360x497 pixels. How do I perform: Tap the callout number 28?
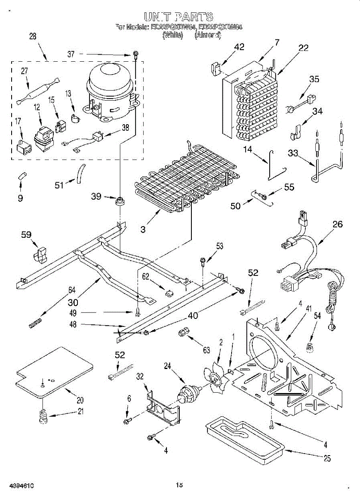coord(33,36)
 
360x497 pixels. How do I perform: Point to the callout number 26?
coord(338,224)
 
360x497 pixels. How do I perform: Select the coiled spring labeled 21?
coord(41,416)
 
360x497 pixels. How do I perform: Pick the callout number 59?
coord(26,235)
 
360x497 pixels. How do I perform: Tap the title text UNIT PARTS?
coord(179,17)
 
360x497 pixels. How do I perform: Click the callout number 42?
coord(239,47)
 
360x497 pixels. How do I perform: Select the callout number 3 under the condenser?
coord(143,229)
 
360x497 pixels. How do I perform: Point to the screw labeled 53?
coord(203,261)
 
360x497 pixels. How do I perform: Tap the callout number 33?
coord(292,153)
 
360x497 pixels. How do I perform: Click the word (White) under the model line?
coord(172,35)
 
